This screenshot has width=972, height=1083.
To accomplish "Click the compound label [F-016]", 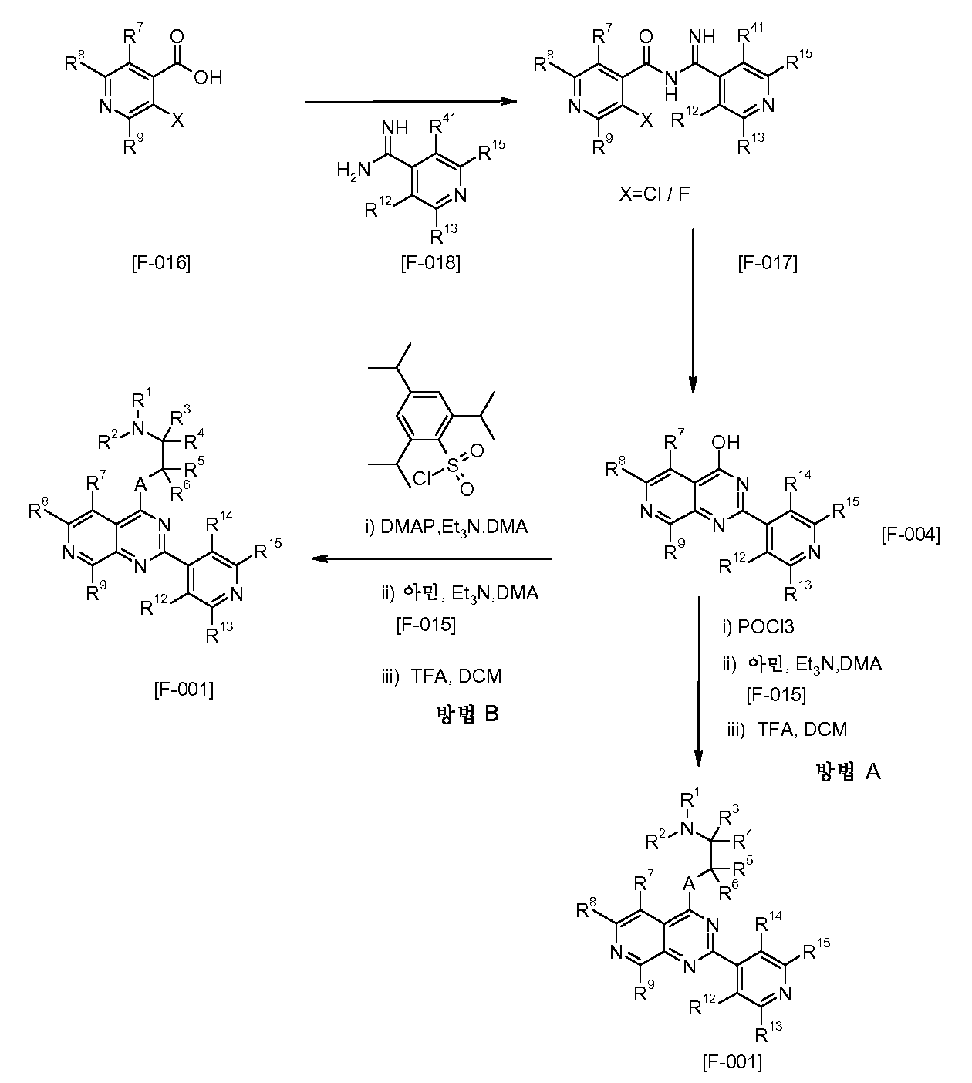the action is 161,263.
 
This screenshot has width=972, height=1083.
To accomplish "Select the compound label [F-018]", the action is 430,263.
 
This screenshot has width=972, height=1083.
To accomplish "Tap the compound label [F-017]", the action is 768,263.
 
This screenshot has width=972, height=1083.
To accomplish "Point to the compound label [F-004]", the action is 910,535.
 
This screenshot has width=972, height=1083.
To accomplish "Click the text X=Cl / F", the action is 654,194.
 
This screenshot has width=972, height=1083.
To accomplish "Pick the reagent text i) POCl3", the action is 758,626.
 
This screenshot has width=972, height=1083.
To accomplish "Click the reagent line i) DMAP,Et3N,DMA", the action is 447,527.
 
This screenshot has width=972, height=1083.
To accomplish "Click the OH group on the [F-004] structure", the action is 725,442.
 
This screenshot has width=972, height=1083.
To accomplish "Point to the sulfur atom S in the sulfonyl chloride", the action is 453,466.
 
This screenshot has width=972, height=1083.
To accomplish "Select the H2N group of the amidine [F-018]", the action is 353,170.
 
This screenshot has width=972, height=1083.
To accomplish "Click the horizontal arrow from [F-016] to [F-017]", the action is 411,102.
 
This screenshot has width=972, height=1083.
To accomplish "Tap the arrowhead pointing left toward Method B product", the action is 319,559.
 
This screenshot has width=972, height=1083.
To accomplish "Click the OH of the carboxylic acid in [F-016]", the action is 208,78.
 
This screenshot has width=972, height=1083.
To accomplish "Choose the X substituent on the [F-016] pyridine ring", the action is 177,120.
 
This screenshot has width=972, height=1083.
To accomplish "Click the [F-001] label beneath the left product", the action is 184,690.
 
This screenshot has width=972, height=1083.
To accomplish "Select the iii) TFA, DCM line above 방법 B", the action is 441,676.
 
